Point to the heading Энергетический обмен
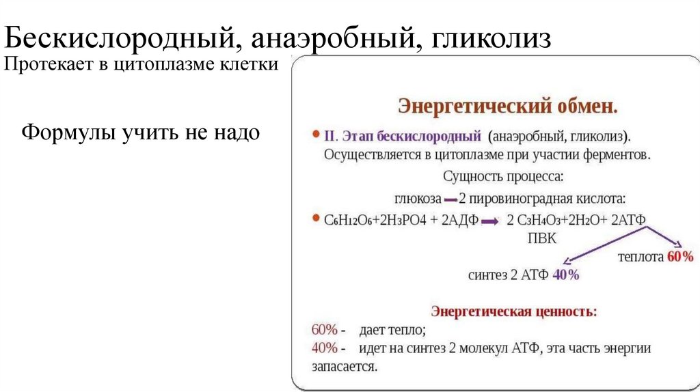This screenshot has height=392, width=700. pyautogui.click(x=508, y=107)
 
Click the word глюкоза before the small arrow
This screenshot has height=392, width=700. pyautogui.click(x=416, y=198)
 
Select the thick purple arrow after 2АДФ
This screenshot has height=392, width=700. pyautogui.click(x=489, y=222)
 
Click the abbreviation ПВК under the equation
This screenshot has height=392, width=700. pyautogui.click(x=541, y=238)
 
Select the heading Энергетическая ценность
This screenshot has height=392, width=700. pyautogui.click(x=513, y=311)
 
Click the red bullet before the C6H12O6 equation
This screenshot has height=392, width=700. pyautogui.click(x=316, y=220)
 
